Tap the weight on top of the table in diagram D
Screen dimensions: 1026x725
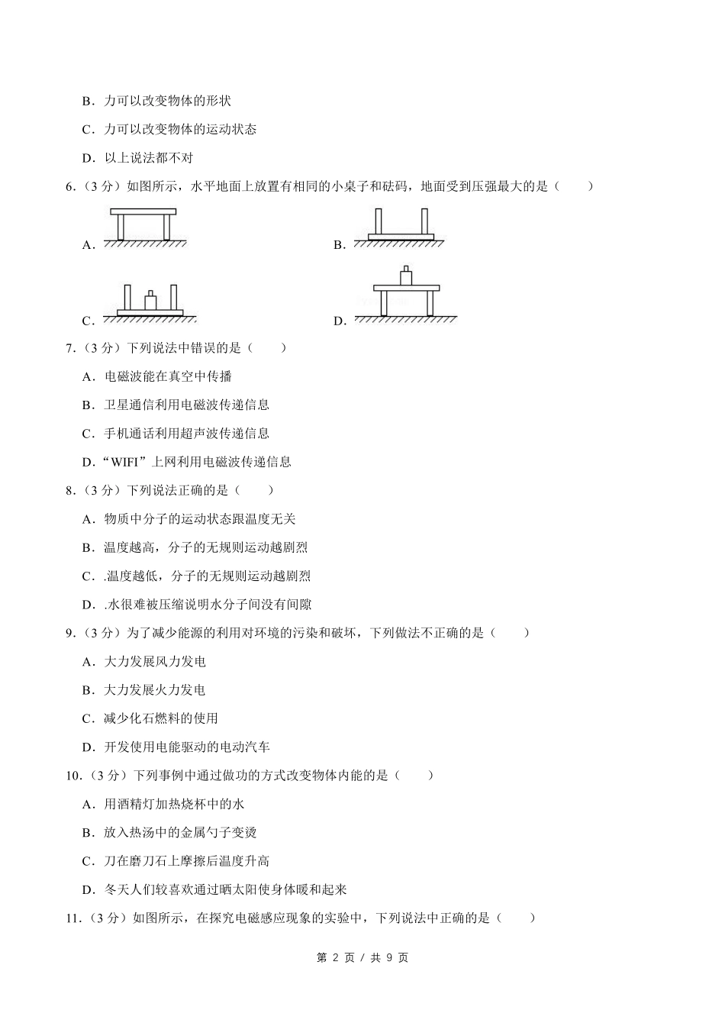click(x=406, y=276)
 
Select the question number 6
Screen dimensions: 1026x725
click(x=69, y=186)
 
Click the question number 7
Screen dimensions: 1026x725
click(x=69, y=348)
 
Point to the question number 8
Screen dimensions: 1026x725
click(x=69, y=490)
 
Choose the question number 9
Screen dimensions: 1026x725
click(x=69, y=633)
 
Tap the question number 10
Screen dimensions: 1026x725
click(x=72, y=776)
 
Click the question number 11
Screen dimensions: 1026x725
click(x=72, y=918)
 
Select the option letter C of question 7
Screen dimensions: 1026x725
click(x=87, y=434)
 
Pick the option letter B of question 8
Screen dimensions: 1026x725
click(x=87, y=547)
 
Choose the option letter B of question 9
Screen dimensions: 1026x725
click(x=87, y=690)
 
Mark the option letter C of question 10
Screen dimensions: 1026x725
click(x=87, y=861)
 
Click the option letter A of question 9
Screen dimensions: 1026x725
click(x=87, y=662)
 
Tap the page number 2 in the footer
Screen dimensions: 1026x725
click(x=337, y=958)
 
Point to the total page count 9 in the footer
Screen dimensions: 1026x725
click(x=389, y=958)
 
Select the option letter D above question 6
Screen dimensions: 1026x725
click(x=87, y=158)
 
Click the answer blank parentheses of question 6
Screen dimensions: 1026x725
click(x=574, y=186)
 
